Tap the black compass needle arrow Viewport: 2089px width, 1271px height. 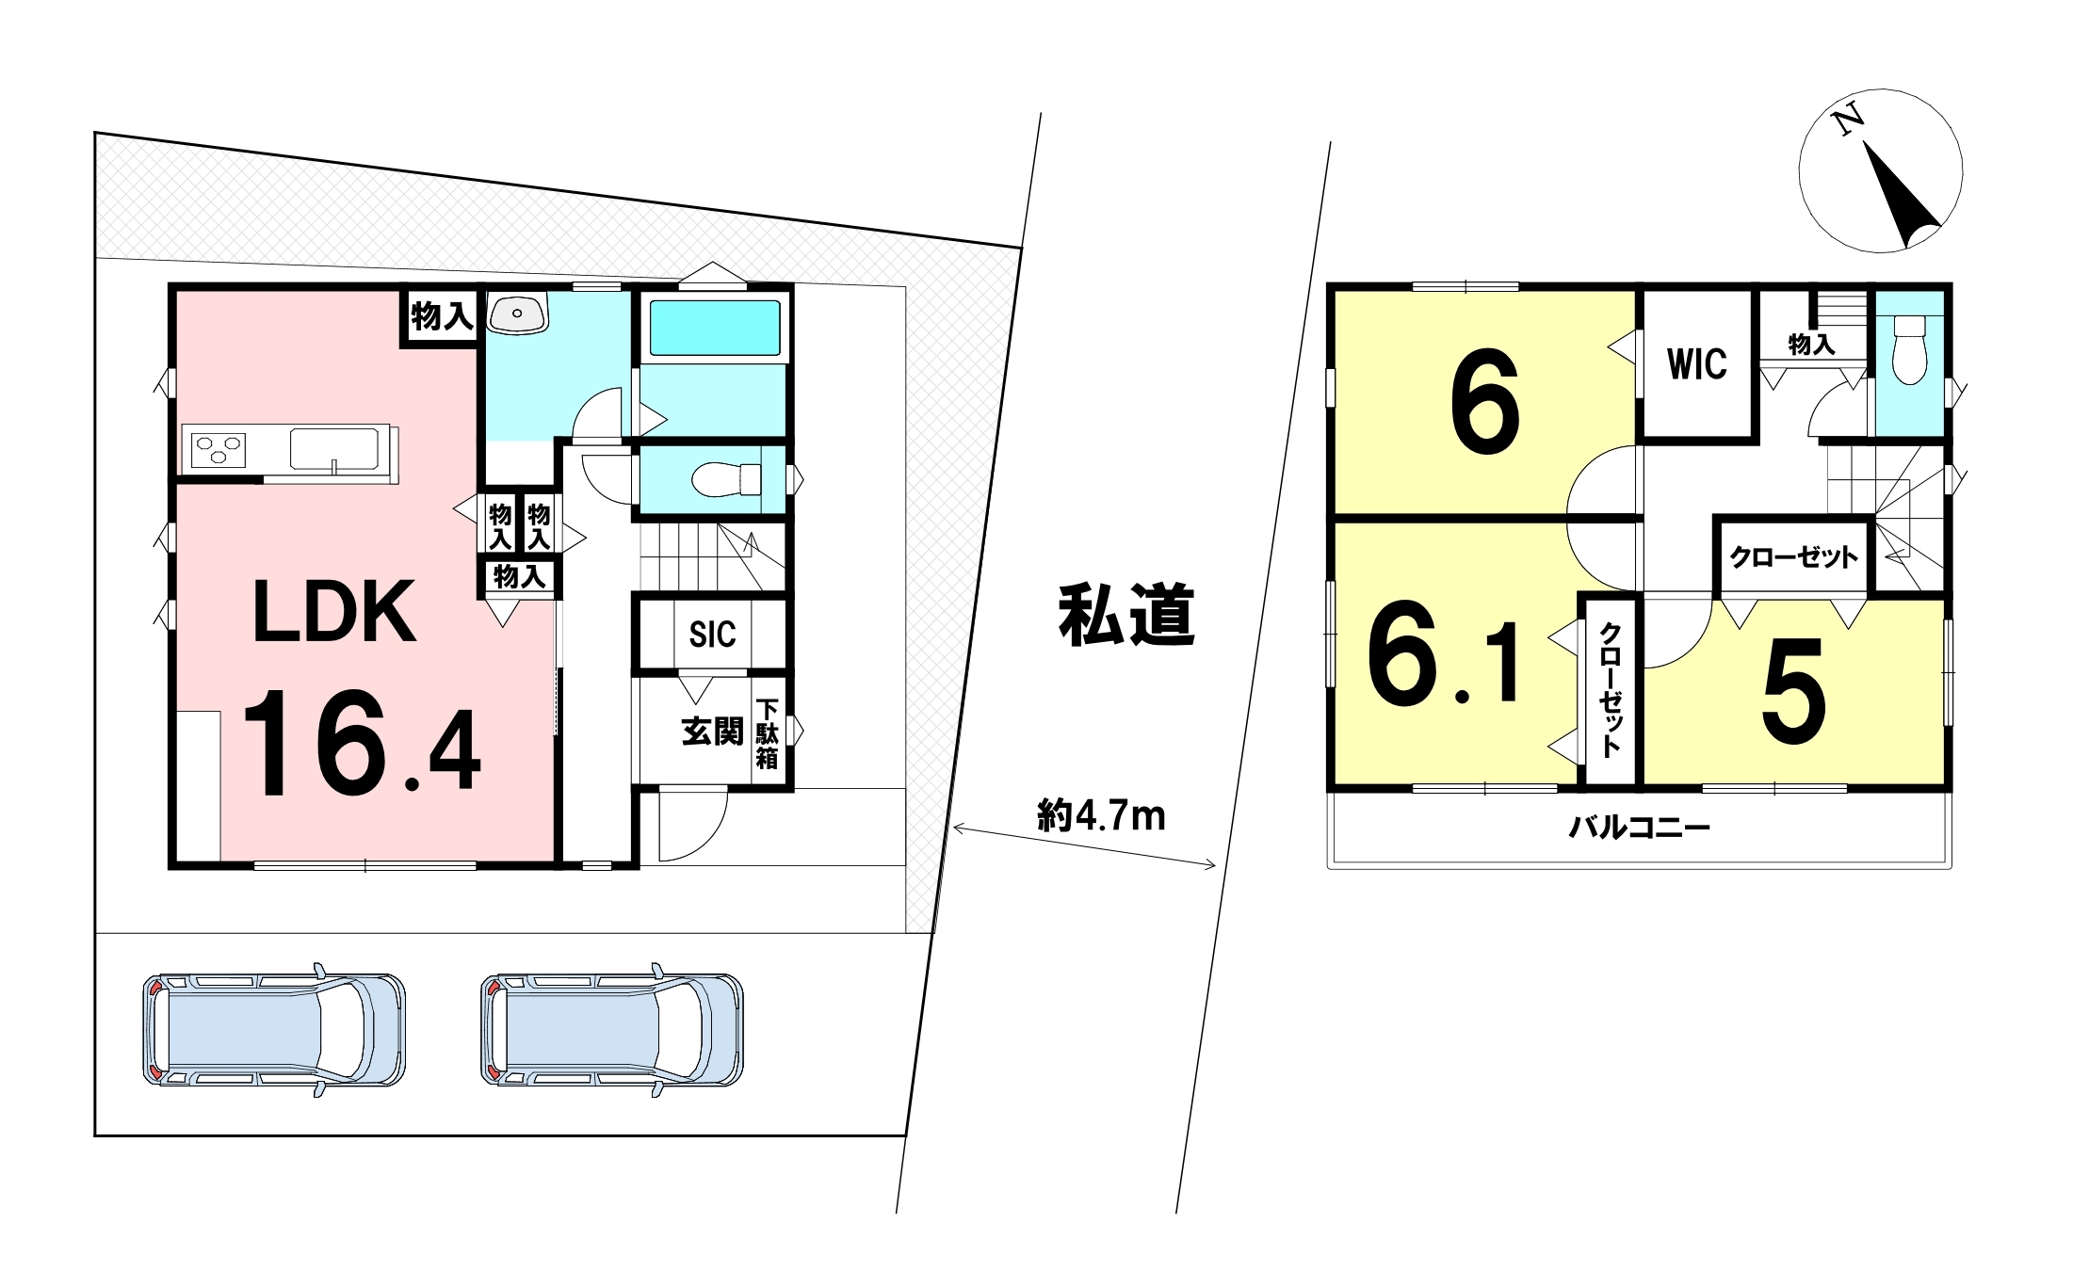click(1896, 196)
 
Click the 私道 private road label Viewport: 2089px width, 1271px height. click(1126, 615)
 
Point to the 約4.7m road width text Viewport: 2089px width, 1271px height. click(1101, 815)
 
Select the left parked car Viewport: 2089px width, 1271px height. click(274, 1030)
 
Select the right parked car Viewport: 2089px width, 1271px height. click(612, 1030)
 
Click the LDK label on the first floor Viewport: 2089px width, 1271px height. click(335, 612)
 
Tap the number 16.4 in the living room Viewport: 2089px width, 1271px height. click(362, 743)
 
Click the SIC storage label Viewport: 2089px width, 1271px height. click(712, 635)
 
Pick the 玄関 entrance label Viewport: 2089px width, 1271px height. click(712, 732)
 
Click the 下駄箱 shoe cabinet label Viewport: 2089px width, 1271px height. click(768, 733)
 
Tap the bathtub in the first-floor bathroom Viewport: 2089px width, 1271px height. click(716, 328)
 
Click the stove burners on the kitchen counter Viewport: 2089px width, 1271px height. click(219, 449)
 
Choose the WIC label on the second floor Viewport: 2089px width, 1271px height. click(1697, 364)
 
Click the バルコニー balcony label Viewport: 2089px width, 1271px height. click(1640, 828)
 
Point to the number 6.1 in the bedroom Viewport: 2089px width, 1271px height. click(1443, 650)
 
